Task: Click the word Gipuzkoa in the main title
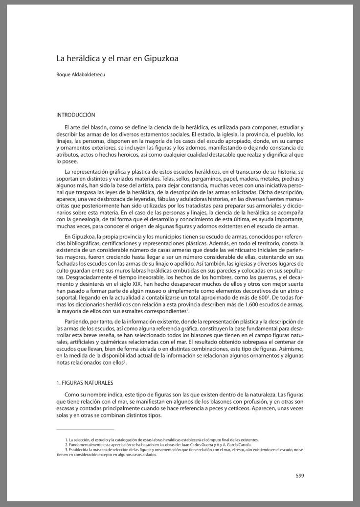coord(164,59)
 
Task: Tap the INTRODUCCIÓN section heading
coord(75,115)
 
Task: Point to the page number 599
coord(300,474)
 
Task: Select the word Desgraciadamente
coord(82,277)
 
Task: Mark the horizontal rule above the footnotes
coord(85,429)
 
